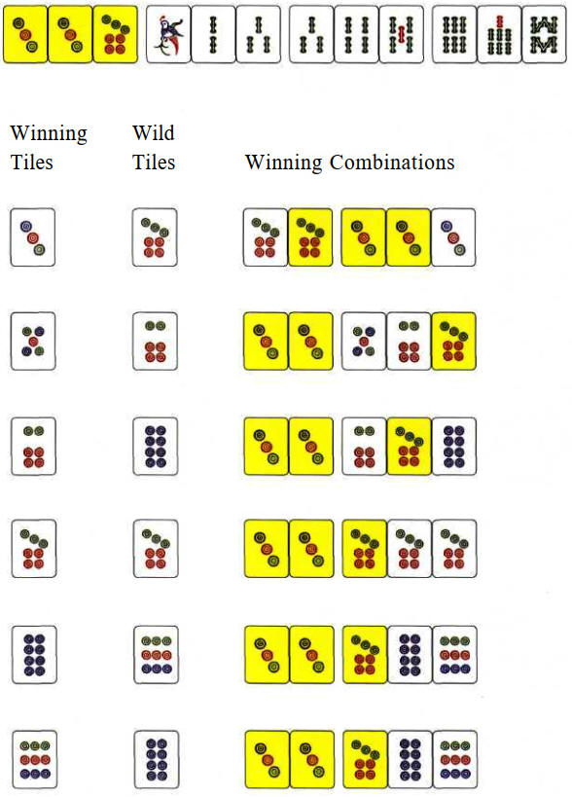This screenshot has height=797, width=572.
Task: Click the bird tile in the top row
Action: pos(168,34)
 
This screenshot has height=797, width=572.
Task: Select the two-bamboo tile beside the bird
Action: pos(213,34)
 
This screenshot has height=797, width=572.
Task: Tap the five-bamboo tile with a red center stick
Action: pos(402,34)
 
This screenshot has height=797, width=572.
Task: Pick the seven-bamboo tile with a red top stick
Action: pos(499,34)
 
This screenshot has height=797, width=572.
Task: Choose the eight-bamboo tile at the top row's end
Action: pos(544,34)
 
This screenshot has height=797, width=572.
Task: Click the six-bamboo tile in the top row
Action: pos(454,34)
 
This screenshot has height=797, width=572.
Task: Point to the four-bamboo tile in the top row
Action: pos(357,34)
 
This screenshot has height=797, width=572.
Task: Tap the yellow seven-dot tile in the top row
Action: pos(116,34)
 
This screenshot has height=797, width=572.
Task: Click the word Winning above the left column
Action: pos(49,133)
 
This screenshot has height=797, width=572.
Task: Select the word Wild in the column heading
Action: pos(154,132)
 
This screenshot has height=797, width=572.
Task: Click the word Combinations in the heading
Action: pos(392,163)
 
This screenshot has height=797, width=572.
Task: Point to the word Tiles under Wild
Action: pos(154,163)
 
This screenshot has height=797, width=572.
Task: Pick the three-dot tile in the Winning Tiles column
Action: pos(32,237)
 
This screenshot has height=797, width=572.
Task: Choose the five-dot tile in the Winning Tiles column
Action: pos(33,341)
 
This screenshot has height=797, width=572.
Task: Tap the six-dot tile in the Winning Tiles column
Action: pos(33,447)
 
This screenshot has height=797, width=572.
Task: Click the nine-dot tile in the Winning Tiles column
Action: pos(35,759)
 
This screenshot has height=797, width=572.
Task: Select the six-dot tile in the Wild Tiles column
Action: pos(155,341)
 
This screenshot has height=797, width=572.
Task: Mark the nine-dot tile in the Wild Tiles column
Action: pos(156,655)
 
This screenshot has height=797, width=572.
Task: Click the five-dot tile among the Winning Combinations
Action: pos(364,341)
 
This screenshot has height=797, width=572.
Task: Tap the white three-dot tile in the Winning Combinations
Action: pos(453,237)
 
